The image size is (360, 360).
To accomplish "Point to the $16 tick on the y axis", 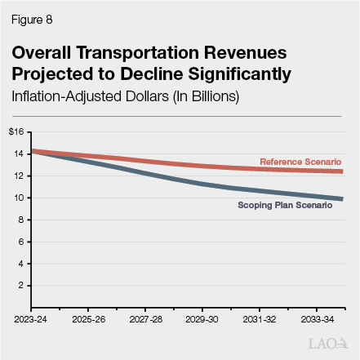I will coord(16,131).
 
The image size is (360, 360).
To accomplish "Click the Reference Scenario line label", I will coord(300,162).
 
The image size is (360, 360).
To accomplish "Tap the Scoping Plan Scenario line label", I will coord(285,206).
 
